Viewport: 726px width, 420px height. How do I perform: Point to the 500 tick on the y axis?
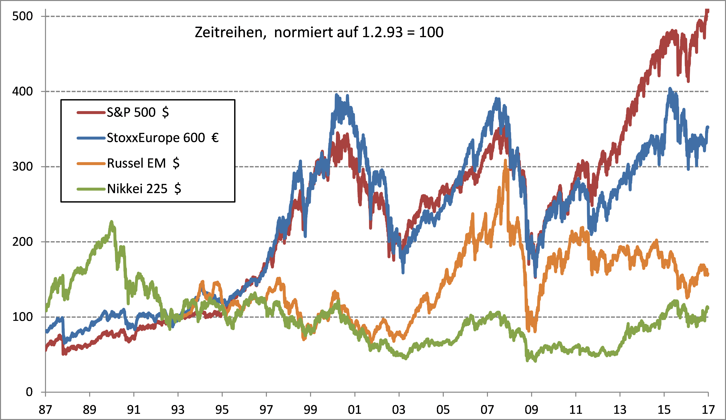22,16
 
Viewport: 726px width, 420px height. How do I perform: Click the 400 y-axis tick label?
22,91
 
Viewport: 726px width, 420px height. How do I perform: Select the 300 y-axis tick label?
22,167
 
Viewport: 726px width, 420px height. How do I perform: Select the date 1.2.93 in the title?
382,32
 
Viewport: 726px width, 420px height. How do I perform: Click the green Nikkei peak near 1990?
111,222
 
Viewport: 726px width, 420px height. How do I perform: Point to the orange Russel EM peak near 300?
505,161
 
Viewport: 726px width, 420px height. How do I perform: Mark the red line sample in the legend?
91,112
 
